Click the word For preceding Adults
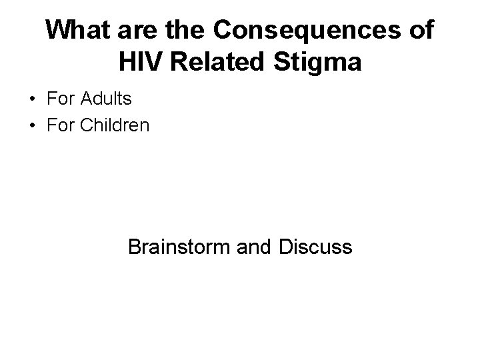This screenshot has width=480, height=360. tap(61, 100)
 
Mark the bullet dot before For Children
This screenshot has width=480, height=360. tap(31, 125)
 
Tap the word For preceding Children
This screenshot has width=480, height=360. tap(61, 124)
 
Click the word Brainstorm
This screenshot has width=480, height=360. tap(178, 247)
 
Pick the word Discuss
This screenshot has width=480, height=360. tap(312, 247)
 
